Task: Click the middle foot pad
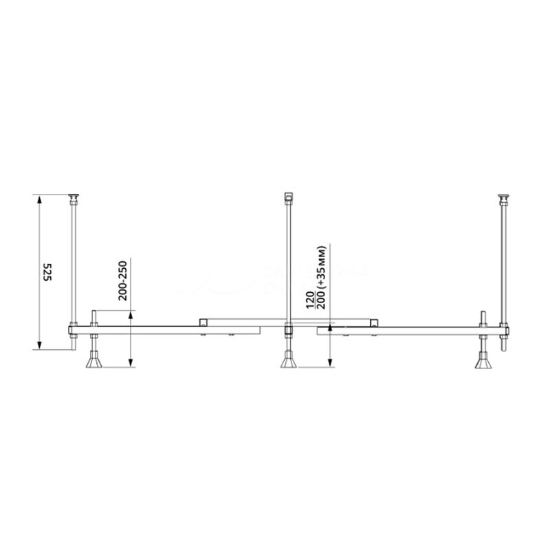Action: [288, 361]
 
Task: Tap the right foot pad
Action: [484, 361]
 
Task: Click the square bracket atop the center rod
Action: [289, 197]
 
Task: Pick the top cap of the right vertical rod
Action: [505, 199]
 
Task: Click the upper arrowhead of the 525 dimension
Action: [39, 200]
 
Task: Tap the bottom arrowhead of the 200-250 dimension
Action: [130, 364]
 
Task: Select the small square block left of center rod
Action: [203, 322]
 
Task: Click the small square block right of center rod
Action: [373, 322]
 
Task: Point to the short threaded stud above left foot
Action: [93, 318]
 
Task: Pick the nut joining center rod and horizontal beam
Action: [289, 331]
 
